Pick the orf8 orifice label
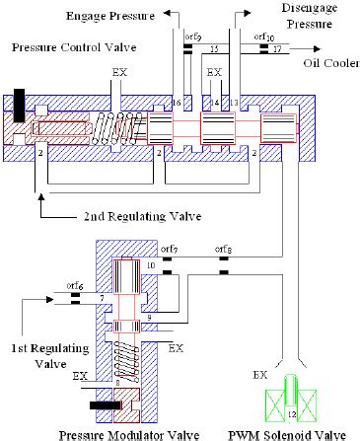point(224,249)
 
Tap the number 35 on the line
point(216,47)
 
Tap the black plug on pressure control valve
point(20,100)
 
